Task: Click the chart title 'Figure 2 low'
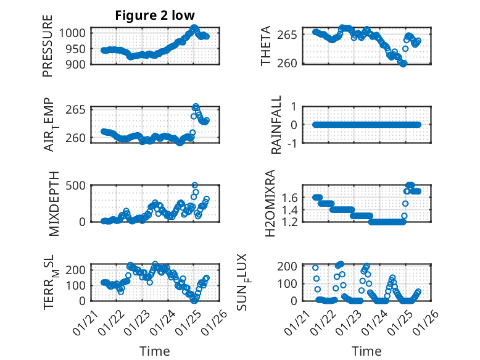pos(155,16)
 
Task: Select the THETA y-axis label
pos(266,46)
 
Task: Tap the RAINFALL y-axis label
pos(276,125)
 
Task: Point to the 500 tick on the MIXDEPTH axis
pos(79,185)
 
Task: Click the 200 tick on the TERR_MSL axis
pos(79,270)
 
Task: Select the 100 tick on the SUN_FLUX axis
pos(291,283)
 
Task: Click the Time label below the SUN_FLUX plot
pos(366,351)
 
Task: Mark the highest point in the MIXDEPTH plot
pos(195,185)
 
